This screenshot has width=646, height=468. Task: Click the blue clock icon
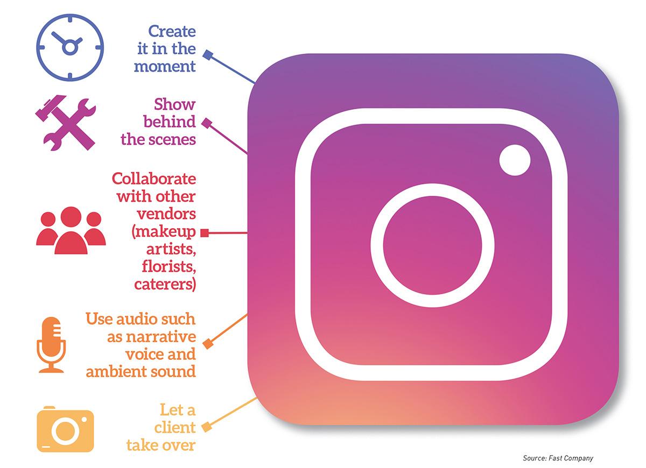pos(70,47)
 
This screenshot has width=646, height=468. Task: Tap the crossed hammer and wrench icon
pos(66,123)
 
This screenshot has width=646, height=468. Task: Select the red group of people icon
pos(71,230)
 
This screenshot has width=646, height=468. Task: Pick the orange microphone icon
pos(51,345)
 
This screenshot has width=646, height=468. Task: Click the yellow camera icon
pos(66,429)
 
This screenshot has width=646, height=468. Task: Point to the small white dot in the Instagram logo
pos(515,160)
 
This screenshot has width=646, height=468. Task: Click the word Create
pos(172,31)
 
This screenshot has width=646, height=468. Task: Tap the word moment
pos(165,67)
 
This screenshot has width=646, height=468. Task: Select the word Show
pos(175,104)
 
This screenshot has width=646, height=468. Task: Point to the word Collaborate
pos(154,179)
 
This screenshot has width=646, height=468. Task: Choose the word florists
pos(169,267)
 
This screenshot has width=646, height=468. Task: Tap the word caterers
pos(165,285)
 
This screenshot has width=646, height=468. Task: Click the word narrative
pos(161,337)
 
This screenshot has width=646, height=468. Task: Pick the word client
pos(175,427)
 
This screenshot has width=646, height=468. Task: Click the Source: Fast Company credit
pos(558,458)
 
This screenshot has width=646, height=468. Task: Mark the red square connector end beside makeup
pos(205,233)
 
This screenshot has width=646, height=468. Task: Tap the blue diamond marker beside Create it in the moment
pos(208,55)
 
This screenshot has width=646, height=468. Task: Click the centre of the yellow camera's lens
pos(66,431)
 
